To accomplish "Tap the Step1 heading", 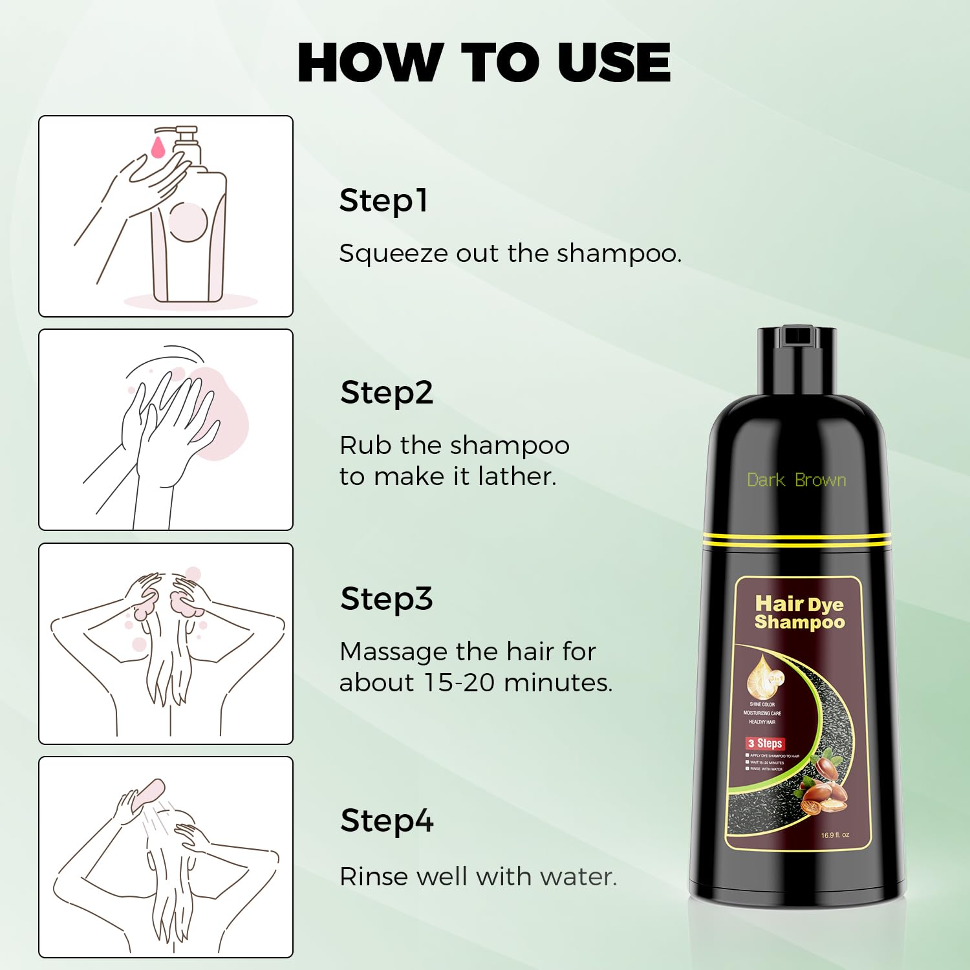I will pyautogui.click(x=383, y=201).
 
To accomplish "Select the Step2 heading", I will pyautogui.click(x=386, y=393).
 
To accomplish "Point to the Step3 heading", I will pyautogui.click(x=386, y=599).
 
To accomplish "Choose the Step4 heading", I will pyautogui.click(x=387, y=821).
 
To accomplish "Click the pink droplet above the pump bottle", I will pyautogui.click(x=158, y=147).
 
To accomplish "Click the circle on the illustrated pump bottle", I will pyautogui.click(x=188, y=222).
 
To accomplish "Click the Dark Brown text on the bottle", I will pyautogui.click(x=796, y=480).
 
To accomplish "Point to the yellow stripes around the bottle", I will pyautogui.click(x=797, y=540).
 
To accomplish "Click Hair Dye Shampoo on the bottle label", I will pyautogui.click(x=799, y=612).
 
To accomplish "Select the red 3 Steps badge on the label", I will pyautogui.click(x=766, y=744).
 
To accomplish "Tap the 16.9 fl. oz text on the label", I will pyautogui.click(x=835, y=835).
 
